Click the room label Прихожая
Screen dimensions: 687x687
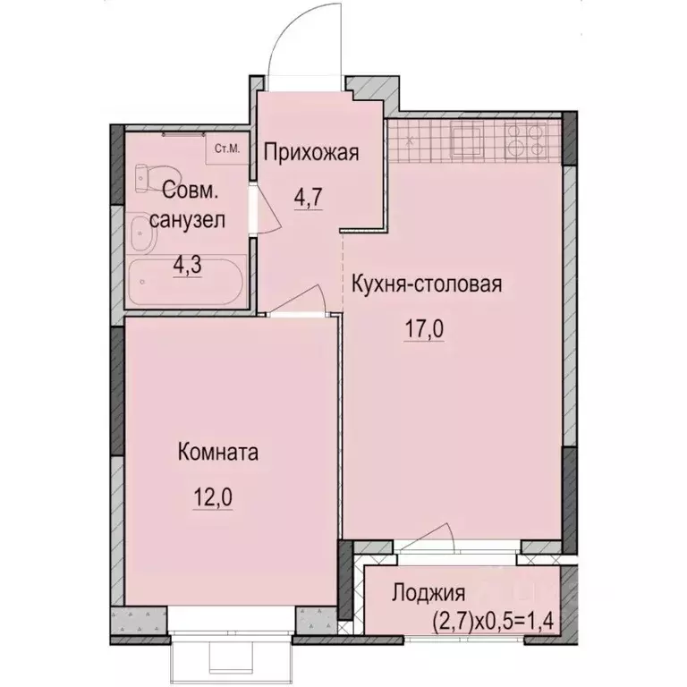(x=311, y=153)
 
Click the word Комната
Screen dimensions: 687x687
(x=216, y=454)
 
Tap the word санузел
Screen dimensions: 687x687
(x=188, y=219)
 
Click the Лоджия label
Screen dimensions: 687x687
(x=428, y=593)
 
